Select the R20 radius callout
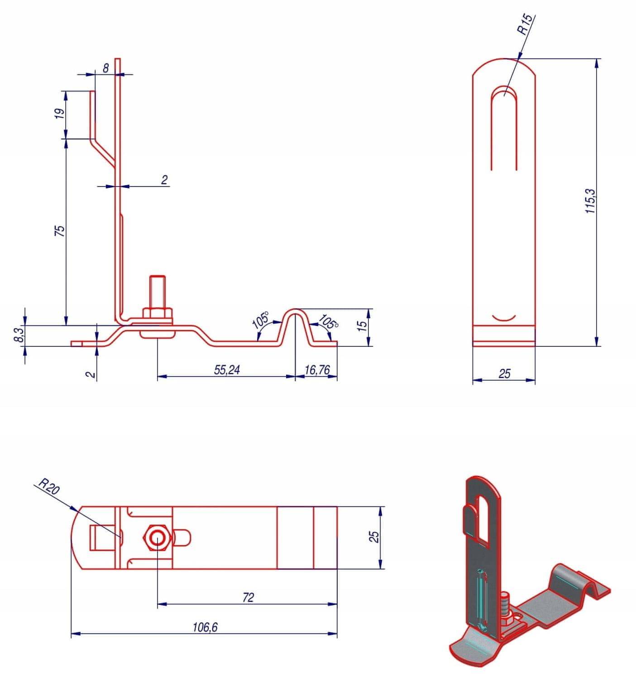coord(49,486)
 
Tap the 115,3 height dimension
coord(590,201)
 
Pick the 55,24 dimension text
coord(227,370)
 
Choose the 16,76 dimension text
coord(317,370)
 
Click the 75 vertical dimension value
coord(60,230)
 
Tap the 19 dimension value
coord(60,114)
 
